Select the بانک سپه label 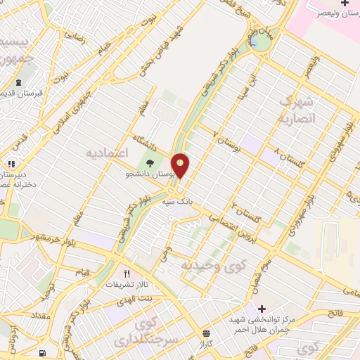point(176,202)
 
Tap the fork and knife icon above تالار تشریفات point(127,274)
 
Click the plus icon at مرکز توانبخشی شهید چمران point(262,309)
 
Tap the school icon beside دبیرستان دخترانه point(11,164)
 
